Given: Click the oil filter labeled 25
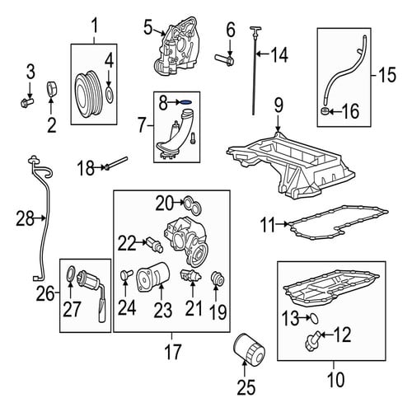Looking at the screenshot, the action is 249,349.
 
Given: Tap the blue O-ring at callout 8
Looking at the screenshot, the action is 186,102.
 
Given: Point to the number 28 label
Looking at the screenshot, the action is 25,219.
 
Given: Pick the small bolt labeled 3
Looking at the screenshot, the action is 27,102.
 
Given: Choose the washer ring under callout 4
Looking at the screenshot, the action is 110,95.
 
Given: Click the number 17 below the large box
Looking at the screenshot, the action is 173,352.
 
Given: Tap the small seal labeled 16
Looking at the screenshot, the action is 325,111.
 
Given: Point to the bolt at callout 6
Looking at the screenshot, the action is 224,59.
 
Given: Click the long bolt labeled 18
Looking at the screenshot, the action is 116,163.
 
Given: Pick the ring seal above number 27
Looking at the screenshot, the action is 71,274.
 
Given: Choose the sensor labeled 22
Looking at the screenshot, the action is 155,245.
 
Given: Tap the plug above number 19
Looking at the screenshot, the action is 218,278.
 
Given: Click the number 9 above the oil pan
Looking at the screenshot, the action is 279,105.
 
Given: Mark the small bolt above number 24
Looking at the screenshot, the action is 126,274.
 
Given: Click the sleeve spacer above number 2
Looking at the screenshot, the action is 51,89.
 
